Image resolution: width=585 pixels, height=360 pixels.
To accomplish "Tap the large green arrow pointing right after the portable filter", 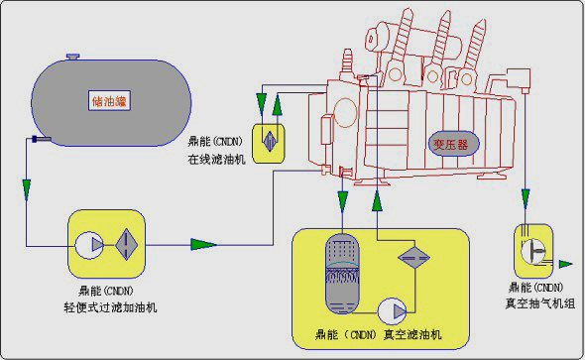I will (x=204, y=244).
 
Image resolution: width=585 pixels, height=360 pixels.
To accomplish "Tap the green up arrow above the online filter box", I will (x=280, y=102).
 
